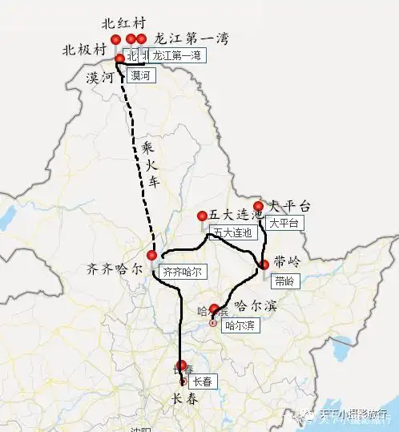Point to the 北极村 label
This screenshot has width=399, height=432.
(x=84, y=50)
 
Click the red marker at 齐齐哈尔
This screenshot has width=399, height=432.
(x=151, y=256)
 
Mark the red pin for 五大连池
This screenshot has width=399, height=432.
(x=202, y=216)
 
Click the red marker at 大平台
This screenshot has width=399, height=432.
(x=258, y=206)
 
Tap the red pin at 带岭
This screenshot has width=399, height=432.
(x=264, y=264)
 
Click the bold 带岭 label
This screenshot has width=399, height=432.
(x=288, y=263)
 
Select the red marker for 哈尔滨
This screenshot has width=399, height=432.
(x=214, y=309)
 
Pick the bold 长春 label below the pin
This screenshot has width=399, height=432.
(x=184, y=398)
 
